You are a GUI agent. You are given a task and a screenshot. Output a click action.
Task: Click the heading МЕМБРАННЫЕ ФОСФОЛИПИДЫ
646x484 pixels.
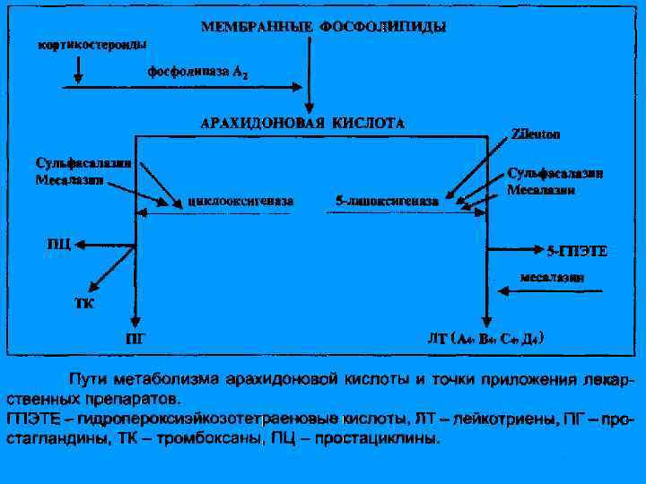(322, 27)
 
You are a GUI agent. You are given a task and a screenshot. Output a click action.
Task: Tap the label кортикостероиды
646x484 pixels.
(92, 43)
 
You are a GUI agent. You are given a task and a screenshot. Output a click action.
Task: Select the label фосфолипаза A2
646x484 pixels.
(199, 72)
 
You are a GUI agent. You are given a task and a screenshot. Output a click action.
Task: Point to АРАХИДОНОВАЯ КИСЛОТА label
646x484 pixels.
(301, 122)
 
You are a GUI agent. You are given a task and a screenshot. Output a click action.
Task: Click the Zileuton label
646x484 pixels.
(536, 135)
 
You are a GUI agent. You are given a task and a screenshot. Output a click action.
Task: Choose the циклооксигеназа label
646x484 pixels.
(240, 202)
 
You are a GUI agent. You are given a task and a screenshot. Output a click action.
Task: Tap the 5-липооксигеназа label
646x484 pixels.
(387, 202)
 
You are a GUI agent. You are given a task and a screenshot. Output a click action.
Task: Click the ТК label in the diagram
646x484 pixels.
(83, 303)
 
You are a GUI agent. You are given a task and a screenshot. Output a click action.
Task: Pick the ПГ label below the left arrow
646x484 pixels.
(135, 339)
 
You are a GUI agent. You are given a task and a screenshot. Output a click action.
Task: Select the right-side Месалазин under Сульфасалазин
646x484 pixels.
(541, 189)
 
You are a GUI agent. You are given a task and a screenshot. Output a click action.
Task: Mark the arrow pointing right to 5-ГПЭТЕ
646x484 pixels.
(515, 245)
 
